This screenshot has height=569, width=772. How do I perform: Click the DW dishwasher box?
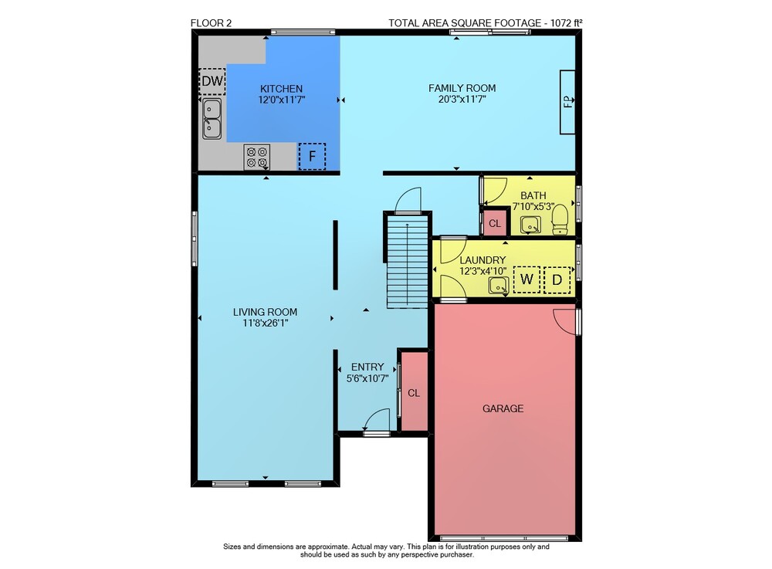click(x=212, y=81)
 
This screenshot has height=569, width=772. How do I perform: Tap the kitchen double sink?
click(x=212, y=119)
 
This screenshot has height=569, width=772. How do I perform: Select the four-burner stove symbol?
click(x=257, y=157)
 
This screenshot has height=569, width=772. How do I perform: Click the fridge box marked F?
click(x=312, y=157)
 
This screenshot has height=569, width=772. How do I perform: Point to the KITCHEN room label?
click(x=281, y=89)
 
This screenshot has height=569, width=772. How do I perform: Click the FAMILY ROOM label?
click(x=462, y=88)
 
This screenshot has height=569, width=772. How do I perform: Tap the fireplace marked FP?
click(x=567, y=102)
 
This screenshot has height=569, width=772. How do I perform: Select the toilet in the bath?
click(x=560, y=219)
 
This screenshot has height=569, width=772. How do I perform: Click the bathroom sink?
click(x=531, y=225)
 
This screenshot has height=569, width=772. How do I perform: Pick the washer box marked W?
click(x=527, y=279)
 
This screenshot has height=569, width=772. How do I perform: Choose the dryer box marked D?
click(x=557, y=280)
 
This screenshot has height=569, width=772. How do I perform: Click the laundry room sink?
click(x=499, y=286)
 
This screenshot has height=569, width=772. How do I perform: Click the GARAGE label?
click(x=503, y=408)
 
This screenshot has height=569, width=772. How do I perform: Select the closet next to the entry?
click(x=414, y=391)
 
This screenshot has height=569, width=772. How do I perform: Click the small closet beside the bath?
click(x=494, y=223)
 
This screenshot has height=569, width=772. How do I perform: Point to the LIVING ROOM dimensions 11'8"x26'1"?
click(x=265, y=323)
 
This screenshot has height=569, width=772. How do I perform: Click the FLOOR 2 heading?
click(x=211, y=22)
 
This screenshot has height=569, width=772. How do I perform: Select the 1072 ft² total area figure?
click(x=566, y=22)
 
